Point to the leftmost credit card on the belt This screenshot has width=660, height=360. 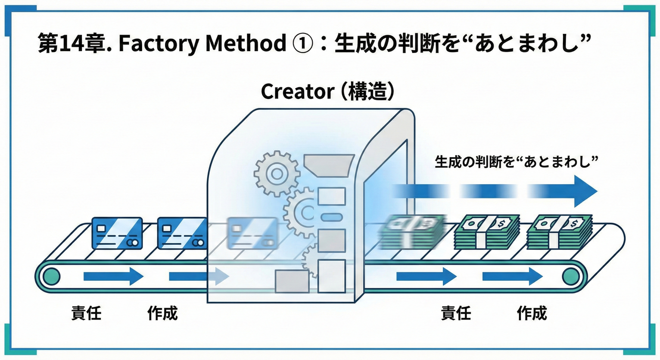coord(117,233)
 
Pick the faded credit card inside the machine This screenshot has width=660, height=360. coord(251,233)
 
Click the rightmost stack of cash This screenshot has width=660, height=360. coord(559,232)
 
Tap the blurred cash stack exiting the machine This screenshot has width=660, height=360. coord(412,232)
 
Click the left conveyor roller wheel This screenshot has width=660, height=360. coord(51,277)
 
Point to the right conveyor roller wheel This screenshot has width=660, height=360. coord(572,277)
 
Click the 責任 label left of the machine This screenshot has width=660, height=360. coord(86,313)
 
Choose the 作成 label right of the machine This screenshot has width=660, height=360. coord(532,313)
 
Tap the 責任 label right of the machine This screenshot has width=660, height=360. coord(456,313)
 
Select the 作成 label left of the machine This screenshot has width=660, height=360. coord(163,313)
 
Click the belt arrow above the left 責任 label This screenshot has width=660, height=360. coord(113,277)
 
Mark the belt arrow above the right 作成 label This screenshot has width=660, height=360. coord(512,277)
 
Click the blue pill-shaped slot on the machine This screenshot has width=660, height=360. coord(331,217)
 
